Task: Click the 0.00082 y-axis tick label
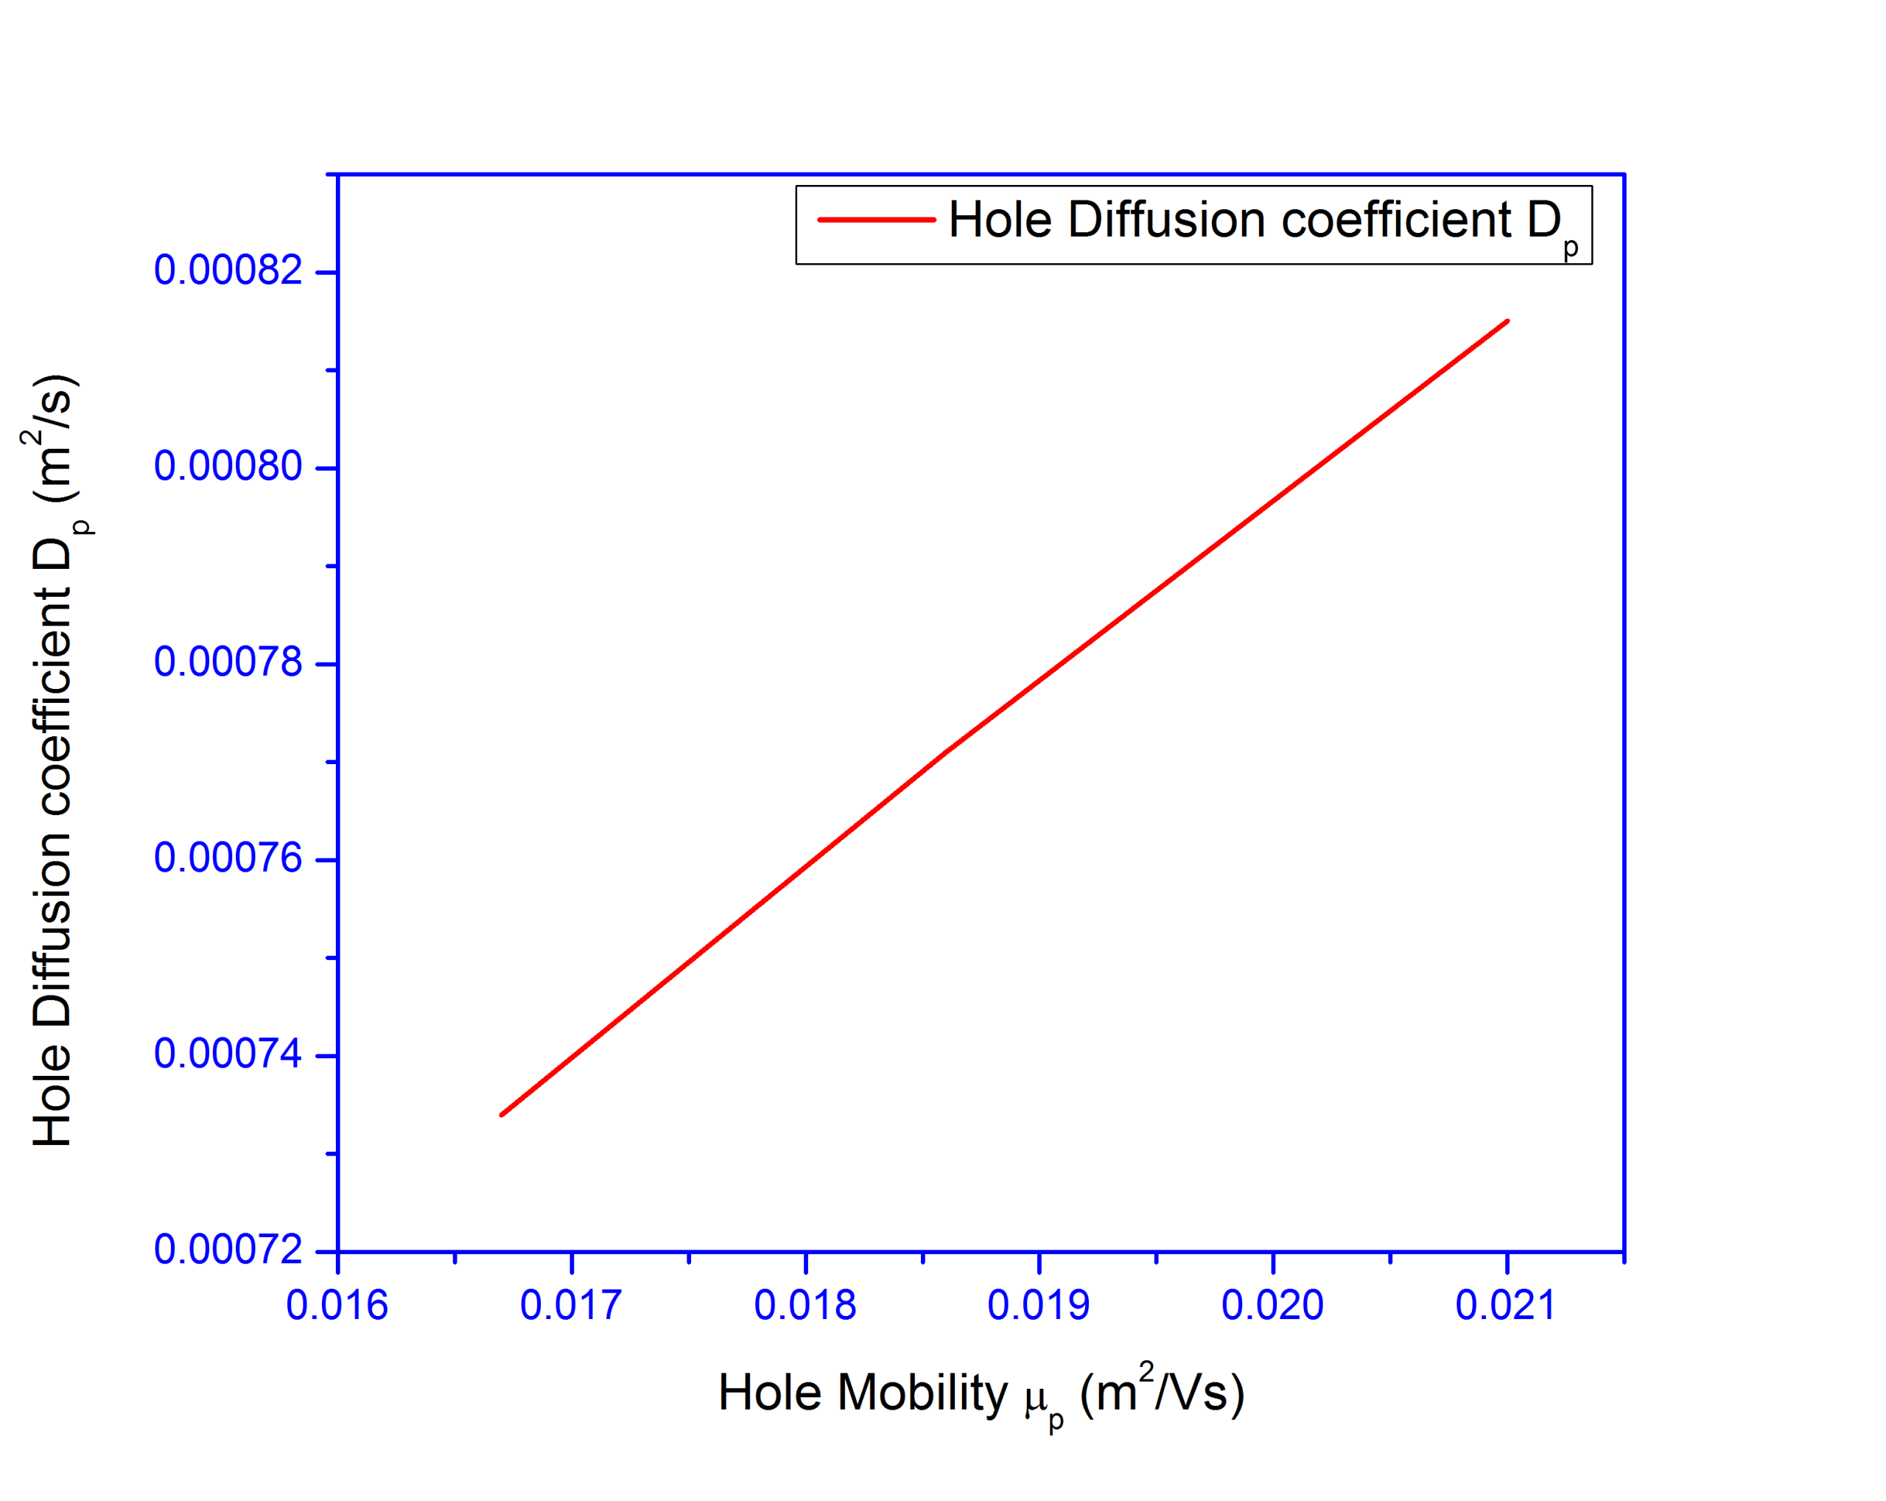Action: [x=228, y=270]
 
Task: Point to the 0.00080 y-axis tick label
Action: [x=228, y=466]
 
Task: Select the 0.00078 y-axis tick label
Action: [x=228, y=662]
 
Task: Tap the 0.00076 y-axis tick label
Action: [x=228, y=858]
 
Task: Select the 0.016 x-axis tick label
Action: [x=337, y=1306]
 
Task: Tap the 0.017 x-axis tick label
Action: [x=570, y=1306]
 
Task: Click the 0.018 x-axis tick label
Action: [x=804, y=1306]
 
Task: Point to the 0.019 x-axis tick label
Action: [x=1038, y=1306]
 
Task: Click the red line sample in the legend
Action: [x=876, y=220]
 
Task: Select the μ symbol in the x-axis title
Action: [x=1036, y=1398]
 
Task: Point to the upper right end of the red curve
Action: [x=1507, y=322]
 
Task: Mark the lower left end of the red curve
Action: [x=501, y=1114]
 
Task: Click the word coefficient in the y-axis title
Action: [x=52, y=700]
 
